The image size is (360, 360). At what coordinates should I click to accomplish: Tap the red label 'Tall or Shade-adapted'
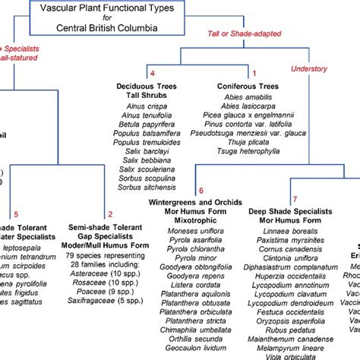243,33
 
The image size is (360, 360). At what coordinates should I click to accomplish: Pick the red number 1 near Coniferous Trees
254,73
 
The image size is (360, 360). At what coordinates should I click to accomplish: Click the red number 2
111,214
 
